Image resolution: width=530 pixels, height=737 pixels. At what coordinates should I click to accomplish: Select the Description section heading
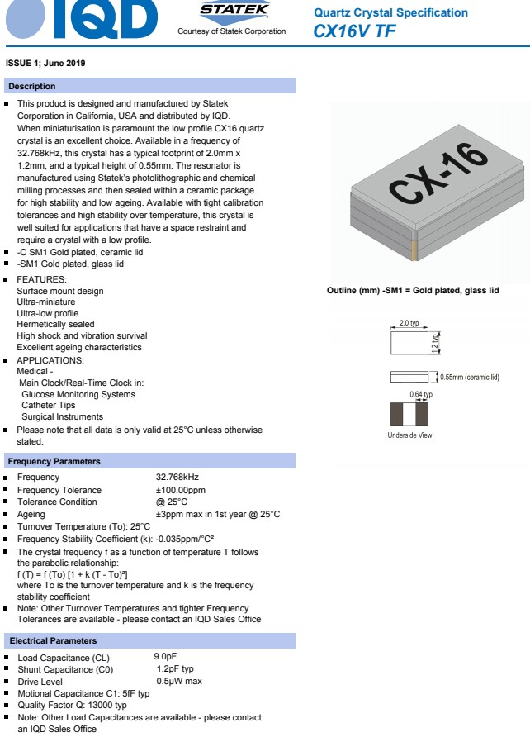click(32, 87)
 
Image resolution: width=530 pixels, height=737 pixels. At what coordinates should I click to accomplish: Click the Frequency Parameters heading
click(54, 461)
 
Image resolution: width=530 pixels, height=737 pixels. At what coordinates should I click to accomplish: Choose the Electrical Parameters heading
click(53, 640)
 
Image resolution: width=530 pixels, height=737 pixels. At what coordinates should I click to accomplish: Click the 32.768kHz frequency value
click(177, 478)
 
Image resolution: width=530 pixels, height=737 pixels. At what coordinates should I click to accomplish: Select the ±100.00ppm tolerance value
click(180, 490)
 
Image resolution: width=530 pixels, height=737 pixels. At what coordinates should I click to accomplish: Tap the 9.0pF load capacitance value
click(165, 657)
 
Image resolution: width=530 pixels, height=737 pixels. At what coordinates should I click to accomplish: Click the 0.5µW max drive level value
click(179, 681)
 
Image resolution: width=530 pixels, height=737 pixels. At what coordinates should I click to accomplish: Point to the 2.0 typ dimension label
click(409, 323)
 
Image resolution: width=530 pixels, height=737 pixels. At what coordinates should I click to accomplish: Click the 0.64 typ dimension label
click(421, 395)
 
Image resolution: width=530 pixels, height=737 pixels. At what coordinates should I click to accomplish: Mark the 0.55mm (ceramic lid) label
click(470, 378)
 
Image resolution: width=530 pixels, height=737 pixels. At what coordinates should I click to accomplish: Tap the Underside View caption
click(409, 435)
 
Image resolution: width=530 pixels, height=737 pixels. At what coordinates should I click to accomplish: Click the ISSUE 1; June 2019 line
click(45, 64)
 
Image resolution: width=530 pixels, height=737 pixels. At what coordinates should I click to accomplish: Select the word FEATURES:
click(41, 279)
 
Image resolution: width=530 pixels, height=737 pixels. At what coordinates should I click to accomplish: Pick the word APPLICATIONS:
click(50, 360)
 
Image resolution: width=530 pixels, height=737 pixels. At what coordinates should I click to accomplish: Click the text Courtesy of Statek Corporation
click(231, 31)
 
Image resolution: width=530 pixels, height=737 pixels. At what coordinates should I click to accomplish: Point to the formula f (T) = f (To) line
click(72, 574)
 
